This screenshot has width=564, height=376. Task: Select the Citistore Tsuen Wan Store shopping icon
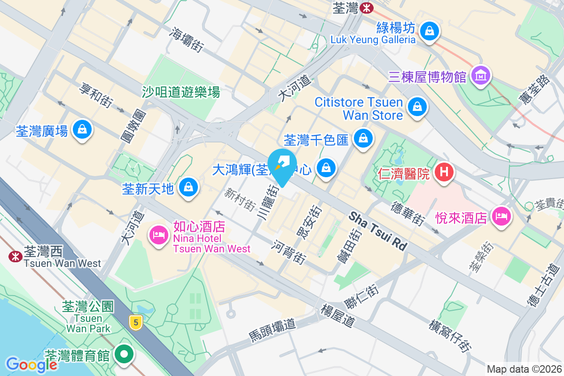pos(417,107)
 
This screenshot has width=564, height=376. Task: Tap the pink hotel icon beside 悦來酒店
pos(501,217)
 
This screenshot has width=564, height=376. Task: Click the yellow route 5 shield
pos(136,322)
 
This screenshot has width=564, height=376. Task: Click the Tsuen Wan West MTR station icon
pos(16,256)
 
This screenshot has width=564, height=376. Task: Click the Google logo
pos(31,364)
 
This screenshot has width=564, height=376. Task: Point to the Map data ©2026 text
pos(524,369)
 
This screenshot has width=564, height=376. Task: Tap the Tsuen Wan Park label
pos(88,323)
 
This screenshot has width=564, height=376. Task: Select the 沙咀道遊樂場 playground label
pos(181,92)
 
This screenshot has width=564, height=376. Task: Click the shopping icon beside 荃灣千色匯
pos(363,139)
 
